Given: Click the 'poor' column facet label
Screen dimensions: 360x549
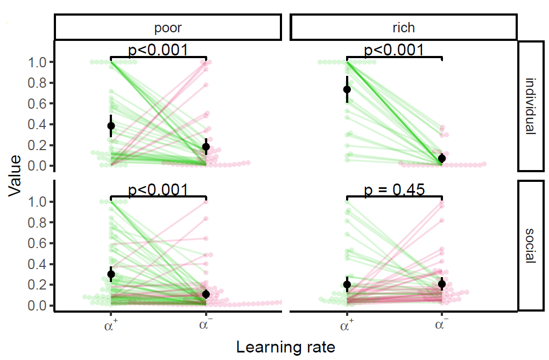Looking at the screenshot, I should coord(167,26).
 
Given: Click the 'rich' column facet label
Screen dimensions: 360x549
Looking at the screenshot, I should coord(404,26).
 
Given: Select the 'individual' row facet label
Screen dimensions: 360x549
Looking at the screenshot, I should coord(530,106).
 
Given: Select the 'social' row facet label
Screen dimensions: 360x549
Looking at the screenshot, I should coord(530,245).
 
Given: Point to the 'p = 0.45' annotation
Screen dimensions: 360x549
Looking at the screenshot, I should coord(395,189).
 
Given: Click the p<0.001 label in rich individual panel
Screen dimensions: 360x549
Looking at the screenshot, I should coord(395,50).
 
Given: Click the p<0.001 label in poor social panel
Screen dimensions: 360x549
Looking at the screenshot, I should coord(158,189).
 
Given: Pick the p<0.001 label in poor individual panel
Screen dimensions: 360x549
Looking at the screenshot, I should coord(158,50).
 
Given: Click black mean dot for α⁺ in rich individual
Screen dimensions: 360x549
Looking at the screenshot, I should coord(347,89).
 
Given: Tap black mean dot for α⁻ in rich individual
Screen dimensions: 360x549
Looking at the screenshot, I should coord(442,158).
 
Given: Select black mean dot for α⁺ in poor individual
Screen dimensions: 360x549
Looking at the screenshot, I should coord(111,126).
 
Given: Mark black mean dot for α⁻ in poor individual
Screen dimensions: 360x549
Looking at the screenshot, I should coord(206,146).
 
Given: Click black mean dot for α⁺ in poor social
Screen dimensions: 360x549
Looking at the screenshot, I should coord(111,274).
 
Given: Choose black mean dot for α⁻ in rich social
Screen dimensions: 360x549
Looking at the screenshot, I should coord(442,284).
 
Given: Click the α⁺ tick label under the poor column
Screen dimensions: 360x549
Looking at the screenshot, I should coord(111,324).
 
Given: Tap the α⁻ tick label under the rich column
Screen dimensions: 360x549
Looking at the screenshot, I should coord(442,324).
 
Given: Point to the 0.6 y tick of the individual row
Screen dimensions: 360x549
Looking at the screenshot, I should coord(38,104).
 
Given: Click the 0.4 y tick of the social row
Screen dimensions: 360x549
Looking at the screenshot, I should coord(38,264).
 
